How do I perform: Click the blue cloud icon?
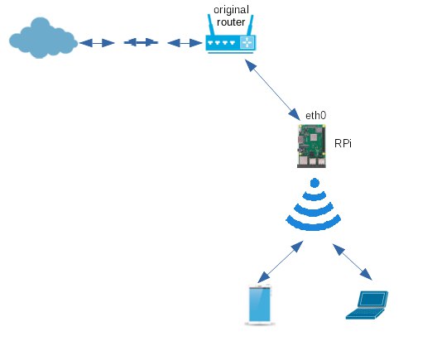click(x=43, y=38)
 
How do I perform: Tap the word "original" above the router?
click(x=231, y=10)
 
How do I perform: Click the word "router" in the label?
click(x=231, y=22)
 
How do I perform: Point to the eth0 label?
click(x=316, y=115)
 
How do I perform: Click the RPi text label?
click(x=343, y=143)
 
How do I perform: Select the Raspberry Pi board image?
click(x=311, y=146)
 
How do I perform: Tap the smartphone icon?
click(x=260, y=305)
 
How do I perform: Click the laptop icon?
click(x=367, y=305)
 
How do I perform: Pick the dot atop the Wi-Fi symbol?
click(x=315, y=183)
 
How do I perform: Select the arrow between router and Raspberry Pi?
click(x=272, y=90)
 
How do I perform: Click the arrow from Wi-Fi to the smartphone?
click(x=280, y=262)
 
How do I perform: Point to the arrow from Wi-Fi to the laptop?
click(x=353, y=262)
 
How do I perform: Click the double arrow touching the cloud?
click(x=97, y=43)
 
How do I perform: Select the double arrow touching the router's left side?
click(x=185, y=43)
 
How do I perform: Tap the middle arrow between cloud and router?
click(x=141, y=42)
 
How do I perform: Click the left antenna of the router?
click(x=211, y=25)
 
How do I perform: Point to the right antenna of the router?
click(x=250, y=25)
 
